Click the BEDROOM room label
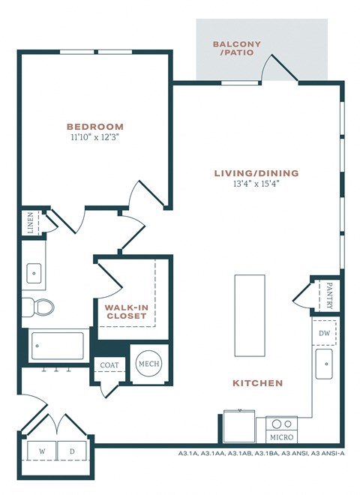coord(94,127)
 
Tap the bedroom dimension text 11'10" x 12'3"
coord(94,138)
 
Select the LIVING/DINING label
coord(255,173)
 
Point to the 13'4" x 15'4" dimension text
coord(255,184)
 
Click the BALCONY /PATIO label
coord(237,49)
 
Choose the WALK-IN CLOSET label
coord(126,310)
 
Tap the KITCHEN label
coord(257,383)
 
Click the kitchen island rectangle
coord(250,316)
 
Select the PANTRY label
coord(329,295)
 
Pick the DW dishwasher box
coord(325,333)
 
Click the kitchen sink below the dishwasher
coord(325,365)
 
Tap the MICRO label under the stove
coord(282,436)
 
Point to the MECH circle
coord(147,364)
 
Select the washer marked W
coord(42,452)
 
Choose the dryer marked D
coord(73,452)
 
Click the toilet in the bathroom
coord(39,307)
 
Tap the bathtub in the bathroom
coord(58,346)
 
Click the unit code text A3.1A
coord(188,453)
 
